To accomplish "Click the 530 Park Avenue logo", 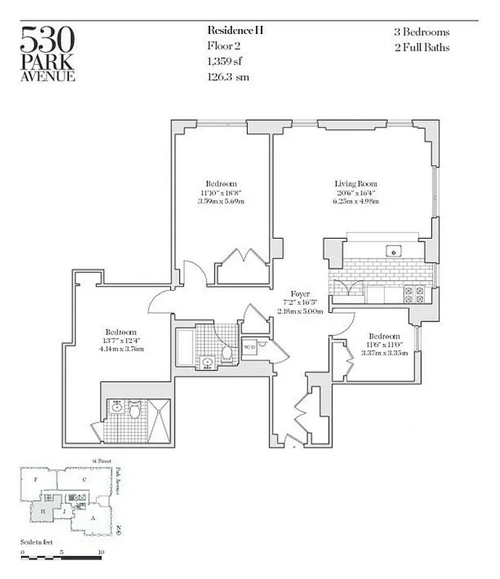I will coord(48,54).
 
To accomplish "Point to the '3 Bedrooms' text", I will coord(422,33).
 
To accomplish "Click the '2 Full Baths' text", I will coord(422,48).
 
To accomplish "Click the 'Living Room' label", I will coord(356,184).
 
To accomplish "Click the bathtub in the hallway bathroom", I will coord(185,347).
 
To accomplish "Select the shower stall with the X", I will coord(159,420).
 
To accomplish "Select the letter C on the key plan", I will coord(84,479).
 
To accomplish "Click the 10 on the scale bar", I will coord(101,551).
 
